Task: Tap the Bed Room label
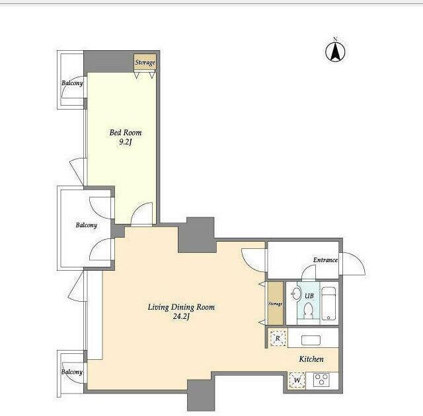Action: click(126, 133)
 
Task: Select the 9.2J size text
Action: click(126, 142)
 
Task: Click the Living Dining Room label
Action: click(181, 307)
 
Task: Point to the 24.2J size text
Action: click(181, 316)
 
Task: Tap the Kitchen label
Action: click(311, 359)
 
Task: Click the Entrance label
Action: click(325, 260)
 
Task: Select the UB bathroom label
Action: click(309, 296)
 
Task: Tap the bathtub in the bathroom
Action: click(329, 303)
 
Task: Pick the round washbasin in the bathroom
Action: click(297, 293)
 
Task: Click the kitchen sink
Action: click(311, 340)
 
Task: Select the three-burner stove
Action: click(321, 380)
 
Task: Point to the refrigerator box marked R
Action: click(278, 338)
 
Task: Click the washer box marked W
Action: click(297, 380)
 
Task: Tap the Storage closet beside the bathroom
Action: click(275, 304)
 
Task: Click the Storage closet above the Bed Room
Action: click(145, 62)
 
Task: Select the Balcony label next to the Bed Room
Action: click(72, 83)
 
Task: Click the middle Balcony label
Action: click(87, 225)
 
